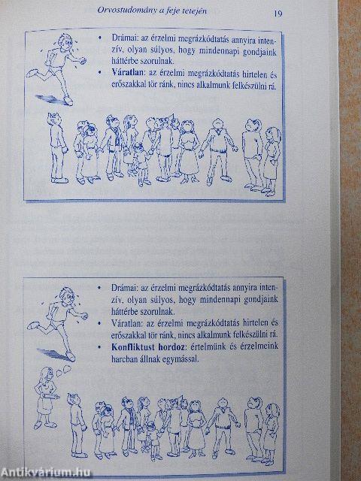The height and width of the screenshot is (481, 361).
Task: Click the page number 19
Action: pyautogui.click(x=278, y=13)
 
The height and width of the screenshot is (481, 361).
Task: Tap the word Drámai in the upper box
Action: pyautogui.click(x=123, y=35)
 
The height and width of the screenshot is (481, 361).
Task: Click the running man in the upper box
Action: pyautogui.click(x=53, y=64)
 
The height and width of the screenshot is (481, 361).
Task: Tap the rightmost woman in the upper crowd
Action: pyautogui.click(x=270, y=157)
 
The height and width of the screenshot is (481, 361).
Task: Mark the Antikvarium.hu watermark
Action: pyautogui.click(x=47, y=472)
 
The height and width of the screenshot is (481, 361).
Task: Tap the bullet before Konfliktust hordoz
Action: pyautogui.click(x=100, y=348)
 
